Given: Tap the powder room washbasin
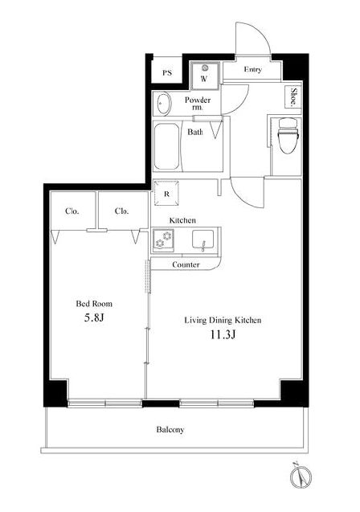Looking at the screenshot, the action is point(162,103).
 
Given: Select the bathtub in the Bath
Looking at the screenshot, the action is point(166,146).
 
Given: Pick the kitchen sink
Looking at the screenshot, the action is point(203,240).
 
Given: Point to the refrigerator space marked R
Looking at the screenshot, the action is point(166,193).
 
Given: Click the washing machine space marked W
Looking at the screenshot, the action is point(205,76).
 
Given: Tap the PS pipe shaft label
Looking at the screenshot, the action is point(167,72).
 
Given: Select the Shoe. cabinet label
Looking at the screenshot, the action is point(294,96).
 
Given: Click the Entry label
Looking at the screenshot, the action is point(252,70).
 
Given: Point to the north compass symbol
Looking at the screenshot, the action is point(300,475).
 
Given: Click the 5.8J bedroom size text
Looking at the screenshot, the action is point(94,317).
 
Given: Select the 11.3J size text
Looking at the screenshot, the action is point(223,334).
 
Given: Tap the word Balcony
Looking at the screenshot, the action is point(170,429).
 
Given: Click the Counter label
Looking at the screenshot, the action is point(186,264).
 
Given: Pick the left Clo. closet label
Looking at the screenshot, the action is point(72,211).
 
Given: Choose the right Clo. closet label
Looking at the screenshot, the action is point(121,211).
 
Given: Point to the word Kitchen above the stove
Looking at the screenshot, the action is point(182,220).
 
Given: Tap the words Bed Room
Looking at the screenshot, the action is point(94,304).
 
